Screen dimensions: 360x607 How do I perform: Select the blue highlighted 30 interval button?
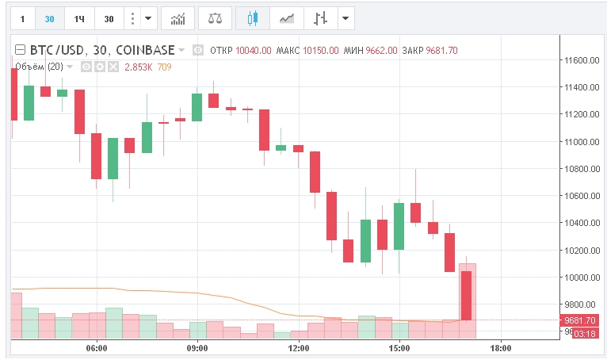(50, 18)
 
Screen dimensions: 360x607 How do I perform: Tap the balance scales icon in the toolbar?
(215, 18)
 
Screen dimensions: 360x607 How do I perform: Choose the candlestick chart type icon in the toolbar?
(253, 18)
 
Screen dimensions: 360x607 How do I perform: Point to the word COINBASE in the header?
(145, 50)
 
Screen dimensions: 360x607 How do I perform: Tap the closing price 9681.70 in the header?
(441, 51)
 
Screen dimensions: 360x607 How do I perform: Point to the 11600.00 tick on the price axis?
(578, 60)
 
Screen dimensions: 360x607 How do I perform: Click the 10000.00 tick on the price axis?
(578, 278)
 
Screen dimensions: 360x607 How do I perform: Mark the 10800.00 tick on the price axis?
(578, 169)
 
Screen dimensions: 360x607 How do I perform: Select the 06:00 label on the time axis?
(97, 348)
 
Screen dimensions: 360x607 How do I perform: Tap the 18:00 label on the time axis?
(501, 348)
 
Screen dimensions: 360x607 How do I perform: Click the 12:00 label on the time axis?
(299, 348)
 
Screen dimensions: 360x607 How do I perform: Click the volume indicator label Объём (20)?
(38, 67)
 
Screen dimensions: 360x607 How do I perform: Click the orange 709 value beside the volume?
(164, 67)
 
